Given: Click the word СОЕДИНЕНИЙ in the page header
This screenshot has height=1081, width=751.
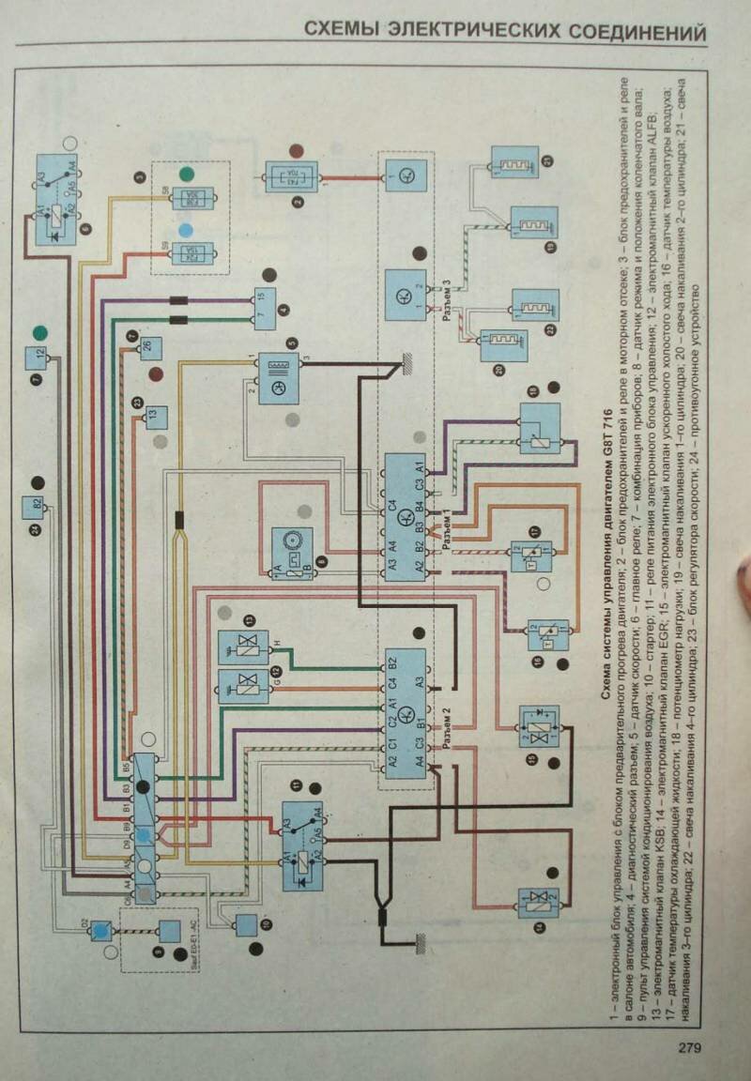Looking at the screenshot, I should click(640, 33).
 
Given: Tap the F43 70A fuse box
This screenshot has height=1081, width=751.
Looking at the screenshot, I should click(291, 175).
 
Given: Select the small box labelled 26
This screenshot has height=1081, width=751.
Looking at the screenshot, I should click(148, 348).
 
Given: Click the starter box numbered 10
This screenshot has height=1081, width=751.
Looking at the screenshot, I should click(248, 924).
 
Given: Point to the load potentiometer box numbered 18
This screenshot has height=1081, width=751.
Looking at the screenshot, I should click(539, 428).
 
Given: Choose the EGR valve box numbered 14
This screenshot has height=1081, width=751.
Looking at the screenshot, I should click(539, 907).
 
